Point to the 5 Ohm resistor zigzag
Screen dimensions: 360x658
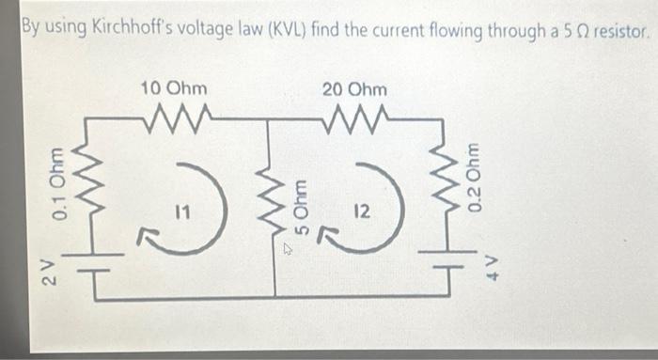point(270,196)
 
